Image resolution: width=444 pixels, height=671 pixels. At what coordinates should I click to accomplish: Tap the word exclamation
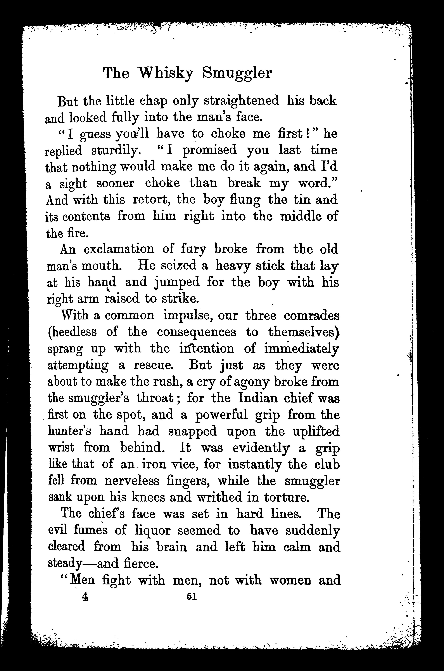119,249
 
